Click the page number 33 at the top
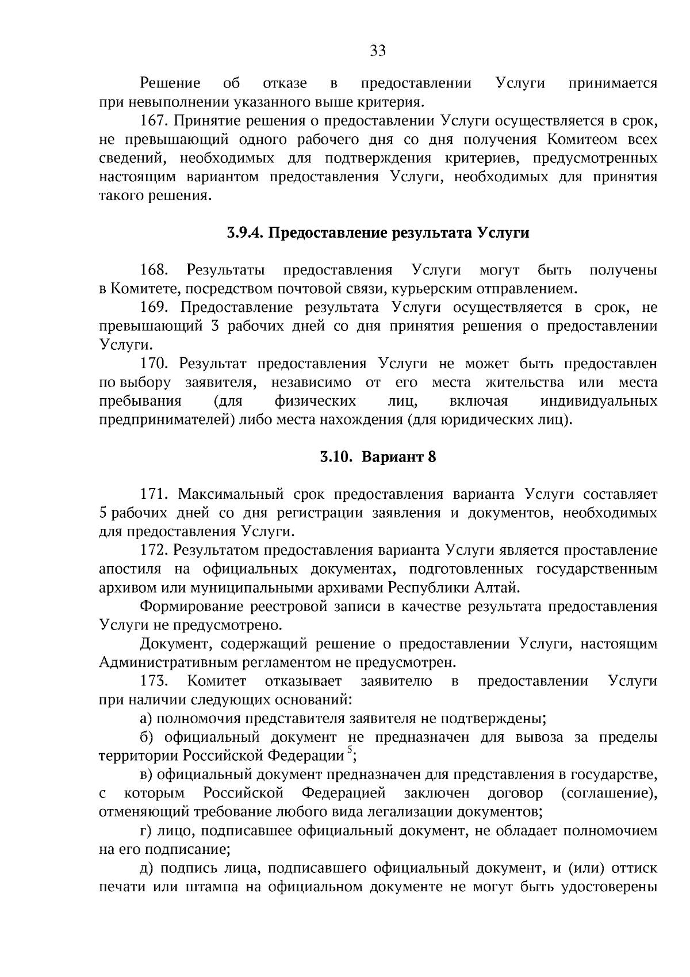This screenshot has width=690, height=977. click(378, 51)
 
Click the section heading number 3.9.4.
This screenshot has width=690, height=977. click(244, 233)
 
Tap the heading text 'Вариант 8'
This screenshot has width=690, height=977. click(398, 457)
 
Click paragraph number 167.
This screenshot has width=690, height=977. click(154, 121)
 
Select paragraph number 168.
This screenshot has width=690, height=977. click(154, 270)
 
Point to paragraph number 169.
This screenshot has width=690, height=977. click(154, 307)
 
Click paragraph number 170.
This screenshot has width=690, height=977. click(154, 364)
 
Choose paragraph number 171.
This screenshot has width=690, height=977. click(154, 494)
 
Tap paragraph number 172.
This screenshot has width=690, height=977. click(154, 550)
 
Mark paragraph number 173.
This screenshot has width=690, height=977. click(154, 681)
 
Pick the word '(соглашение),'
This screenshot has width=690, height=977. click(609, 793)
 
